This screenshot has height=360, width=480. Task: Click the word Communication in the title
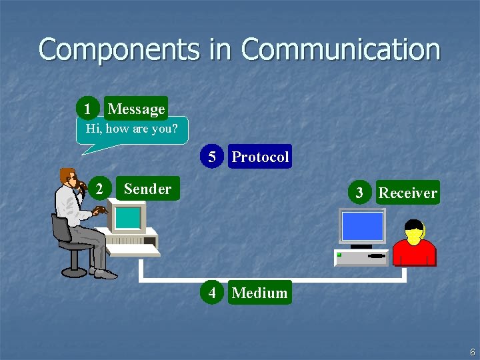[341, 50]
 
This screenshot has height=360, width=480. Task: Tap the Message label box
[136, 109]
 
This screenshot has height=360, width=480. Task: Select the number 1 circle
[87, 109]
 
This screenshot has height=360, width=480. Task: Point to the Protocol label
[260, 157]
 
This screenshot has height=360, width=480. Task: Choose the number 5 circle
[212, 157]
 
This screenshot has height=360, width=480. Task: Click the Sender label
[147, 189]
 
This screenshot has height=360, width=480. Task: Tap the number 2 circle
[99, 189]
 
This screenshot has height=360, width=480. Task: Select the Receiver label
[407, 193]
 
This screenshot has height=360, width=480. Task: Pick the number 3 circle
[359, 193]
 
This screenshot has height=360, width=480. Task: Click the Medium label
[259, 293]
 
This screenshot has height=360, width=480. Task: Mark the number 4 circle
[212, 293]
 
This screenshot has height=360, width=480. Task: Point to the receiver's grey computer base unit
[361, 257]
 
